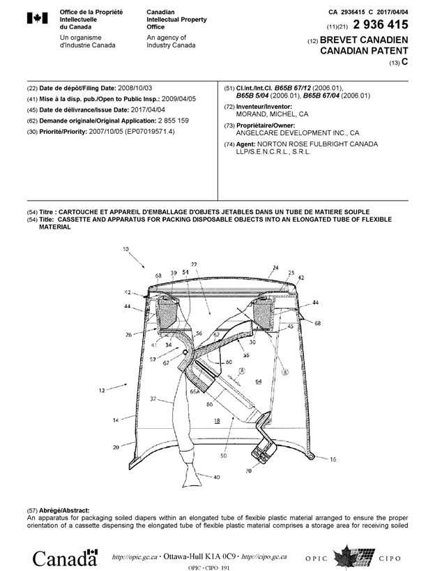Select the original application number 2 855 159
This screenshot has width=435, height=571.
(x=171, y=121)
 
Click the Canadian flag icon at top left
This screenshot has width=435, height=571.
(x=36, y=20)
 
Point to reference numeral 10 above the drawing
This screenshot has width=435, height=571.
(x=126, y=249)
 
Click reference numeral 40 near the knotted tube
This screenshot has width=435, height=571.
(x=216, y=477)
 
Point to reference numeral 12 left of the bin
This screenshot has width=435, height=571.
(x=102, y=391)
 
